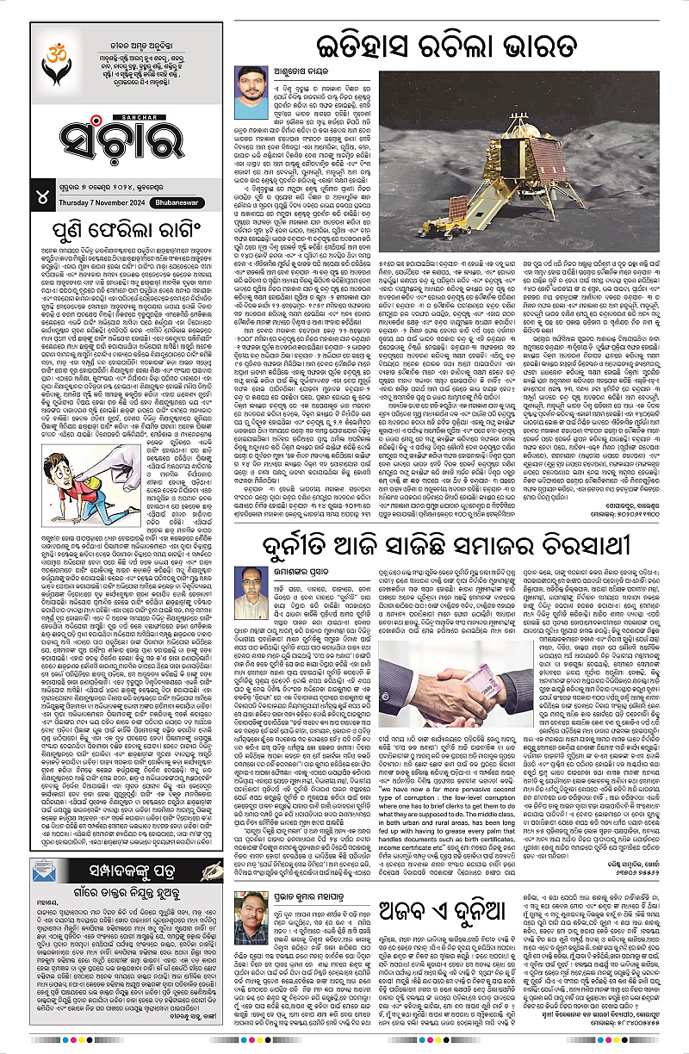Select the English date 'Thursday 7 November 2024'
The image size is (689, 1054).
(x=102, y=203)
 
